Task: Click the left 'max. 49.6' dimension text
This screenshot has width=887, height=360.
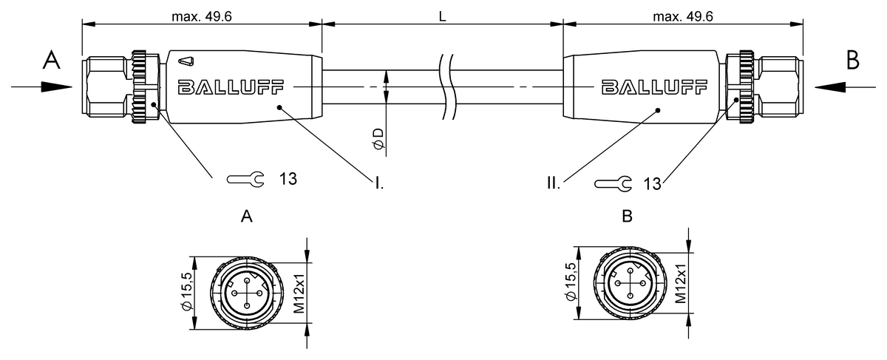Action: tap(202, 16)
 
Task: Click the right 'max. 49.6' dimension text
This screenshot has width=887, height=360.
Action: tap(682, 16)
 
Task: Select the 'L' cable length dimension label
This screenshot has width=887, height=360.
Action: tap(442, 16)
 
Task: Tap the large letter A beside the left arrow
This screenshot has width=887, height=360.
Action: tap(50, 61)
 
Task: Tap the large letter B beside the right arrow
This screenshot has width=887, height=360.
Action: tap(852, 61)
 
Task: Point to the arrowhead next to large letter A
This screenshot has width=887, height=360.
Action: tap(52, 86)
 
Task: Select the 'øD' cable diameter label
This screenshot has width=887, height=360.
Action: tap(378, 138)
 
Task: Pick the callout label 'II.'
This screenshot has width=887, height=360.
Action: tap(554, 182)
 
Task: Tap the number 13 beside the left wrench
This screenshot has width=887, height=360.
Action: tap(288, 179)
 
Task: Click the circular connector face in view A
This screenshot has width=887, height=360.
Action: tap(245, 293)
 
